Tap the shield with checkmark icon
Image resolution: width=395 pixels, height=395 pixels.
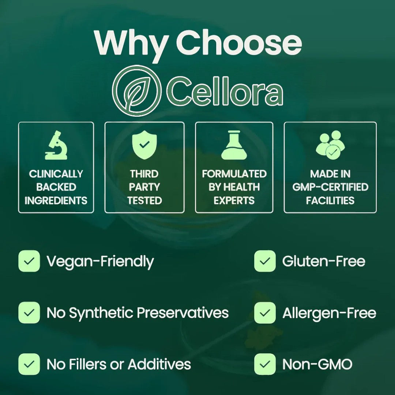(x=144, y=145)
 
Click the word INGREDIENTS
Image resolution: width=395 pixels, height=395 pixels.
(x=56, y=200)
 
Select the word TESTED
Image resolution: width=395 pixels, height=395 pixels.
(x=144, y=200)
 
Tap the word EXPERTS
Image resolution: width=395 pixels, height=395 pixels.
(x=234, y=200)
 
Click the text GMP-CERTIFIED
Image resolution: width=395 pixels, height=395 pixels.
(x=330, y=187)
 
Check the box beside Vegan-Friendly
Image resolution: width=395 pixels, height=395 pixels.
(x=29, y=261)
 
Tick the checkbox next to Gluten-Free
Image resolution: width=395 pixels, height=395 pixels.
(x=265, y=261)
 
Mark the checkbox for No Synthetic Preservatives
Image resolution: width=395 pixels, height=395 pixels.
(x=29, y=313)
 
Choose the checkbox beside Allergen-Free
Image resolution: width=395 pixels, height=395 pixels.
(x=265, y=313)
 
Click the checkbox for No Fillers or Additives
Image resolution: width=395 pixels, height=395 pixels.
(x=29, y=364)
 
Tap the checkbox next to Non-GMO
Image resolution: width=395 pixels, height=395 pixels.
(x=265, y=364)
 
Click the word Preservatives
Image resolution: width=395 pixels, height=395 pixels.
(x=183, y=313)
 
